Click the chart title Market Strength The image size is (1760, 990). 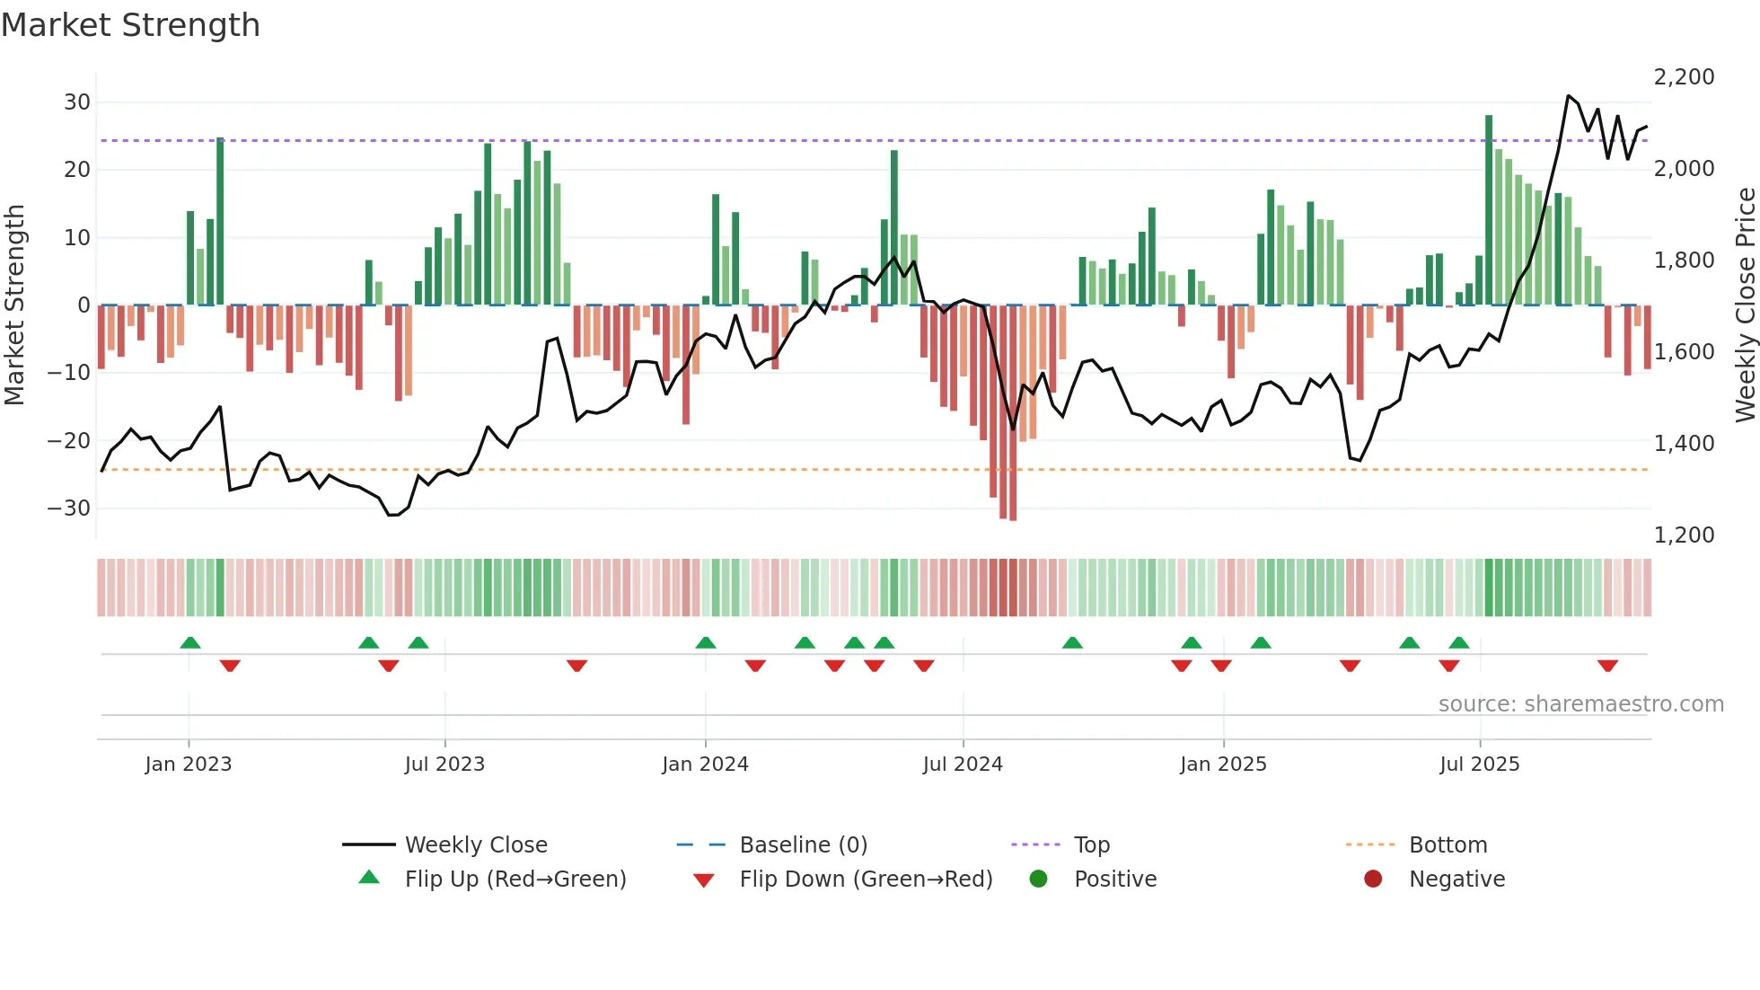pos(130,25)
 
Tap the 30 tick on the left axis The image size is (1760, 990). pos(77,102)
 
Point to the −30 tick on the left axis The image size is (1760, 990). pos(70,508)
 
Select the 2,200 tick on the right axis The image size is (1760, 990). pos(1684,77)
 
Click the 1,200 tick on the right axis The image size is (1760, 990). pos(1684,535)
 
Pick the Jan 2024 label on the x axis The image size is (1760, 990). pos(705,765)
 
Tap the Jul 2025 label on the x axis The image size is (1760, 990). pos(1479,765)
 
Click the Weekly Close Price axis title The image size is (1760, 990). pos(1745,305)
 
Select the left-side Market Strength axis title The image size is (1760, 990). pos(15,305)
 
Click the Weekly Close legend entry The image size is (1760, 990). pos(475,845)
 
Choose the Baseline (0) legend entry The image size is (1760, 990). pos(803,845)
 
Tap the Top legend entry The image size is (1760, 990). pos(1092,845)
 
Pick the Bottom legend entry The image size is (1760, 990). pos(1448,845)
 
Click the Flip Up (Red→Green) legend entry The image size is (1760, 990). pos(515,880)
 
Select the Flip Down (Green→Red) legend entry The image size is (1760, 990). pos(866,880)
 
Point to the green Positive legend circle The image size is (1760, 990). pos(1039,880)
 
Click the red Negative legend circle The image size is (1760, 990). pos(1373,880)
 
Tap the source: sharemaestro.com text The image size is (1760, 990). pos(1580,704)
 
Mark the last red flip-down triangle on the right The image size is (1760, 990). pos(1607,666)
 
